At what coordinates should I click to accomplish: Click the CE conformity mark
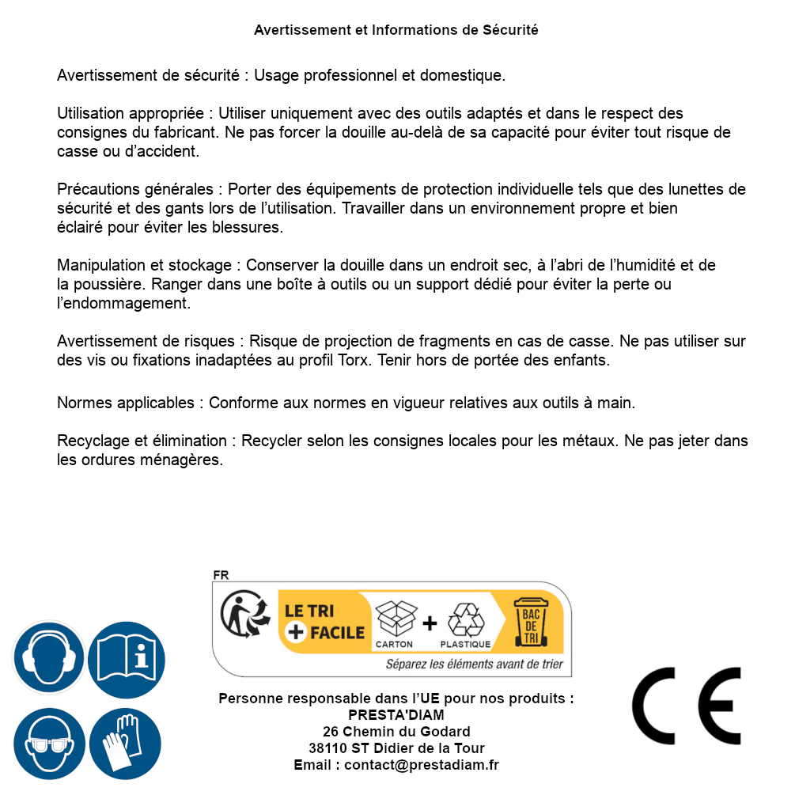tap(686, 706)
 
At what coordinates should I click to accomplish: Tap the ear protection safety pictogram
tap(49, 657)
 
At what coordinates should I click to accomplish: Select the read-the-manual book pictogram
tap(126, 657)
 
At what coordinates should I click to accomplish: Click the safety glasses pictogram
tap(49, 744)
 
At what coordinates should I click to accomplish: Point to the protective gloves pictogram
tap(126, 744)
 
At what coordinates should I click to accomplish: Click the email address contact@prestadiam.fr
tap(422, 765)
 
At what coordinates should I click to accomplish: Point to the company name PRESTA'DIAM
tap(396, 715)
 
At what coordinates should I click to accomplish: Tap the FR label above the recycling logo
tap(221, 575)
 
